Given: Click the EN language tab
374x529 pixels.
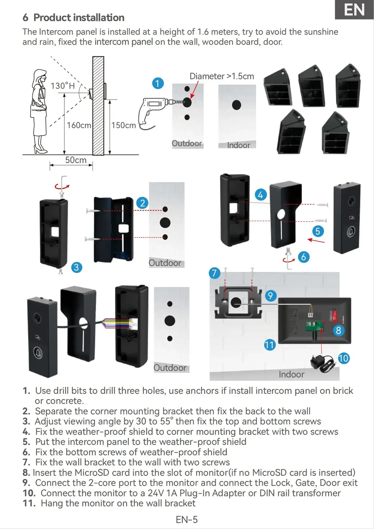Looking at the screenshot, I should click(x=354, y=10).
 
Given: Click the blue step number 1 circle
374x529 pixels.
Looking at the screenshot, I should click(x=158, y=83).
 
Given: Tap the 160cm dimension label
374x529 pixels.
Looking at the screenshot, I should click(x=79, y=125).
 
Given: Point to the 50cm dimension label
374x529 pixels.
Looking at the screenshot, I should click(x=76, y=160).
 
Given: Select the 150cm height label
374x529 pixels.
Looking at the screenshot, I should click(x=123, y=125).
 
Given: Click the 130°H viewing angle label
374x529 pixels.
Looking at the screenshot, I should click(x=63, y=86).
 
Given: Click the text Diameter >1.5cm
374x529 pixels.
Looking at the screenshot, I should click(x=222, y=76).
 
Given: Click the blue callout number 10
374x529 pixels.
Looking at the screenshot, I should click(x=343, y=358).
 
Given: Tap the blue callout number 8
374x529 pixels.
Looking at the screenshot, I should click(x=338, y=330).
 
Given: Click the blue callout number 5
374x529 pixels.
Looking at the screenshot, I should click(x=318, y=231).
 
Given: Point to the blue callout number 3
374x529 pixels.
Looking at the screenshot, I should click(x=76, y=267).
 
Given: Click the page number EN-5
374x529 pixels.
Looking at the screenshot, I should click(x=187, y=519).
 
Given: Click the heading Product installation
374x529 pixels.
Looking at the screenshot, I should click(x=79, y=18).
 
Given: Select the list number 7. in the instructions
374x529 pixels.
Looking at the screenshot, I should click(x=26, y=462).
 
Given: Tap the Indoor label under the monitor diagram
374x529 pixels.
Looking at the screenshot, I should click(x=291, y=374).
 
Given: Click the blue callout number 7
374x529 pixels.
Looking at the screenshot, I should click(x=214, y=273).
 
